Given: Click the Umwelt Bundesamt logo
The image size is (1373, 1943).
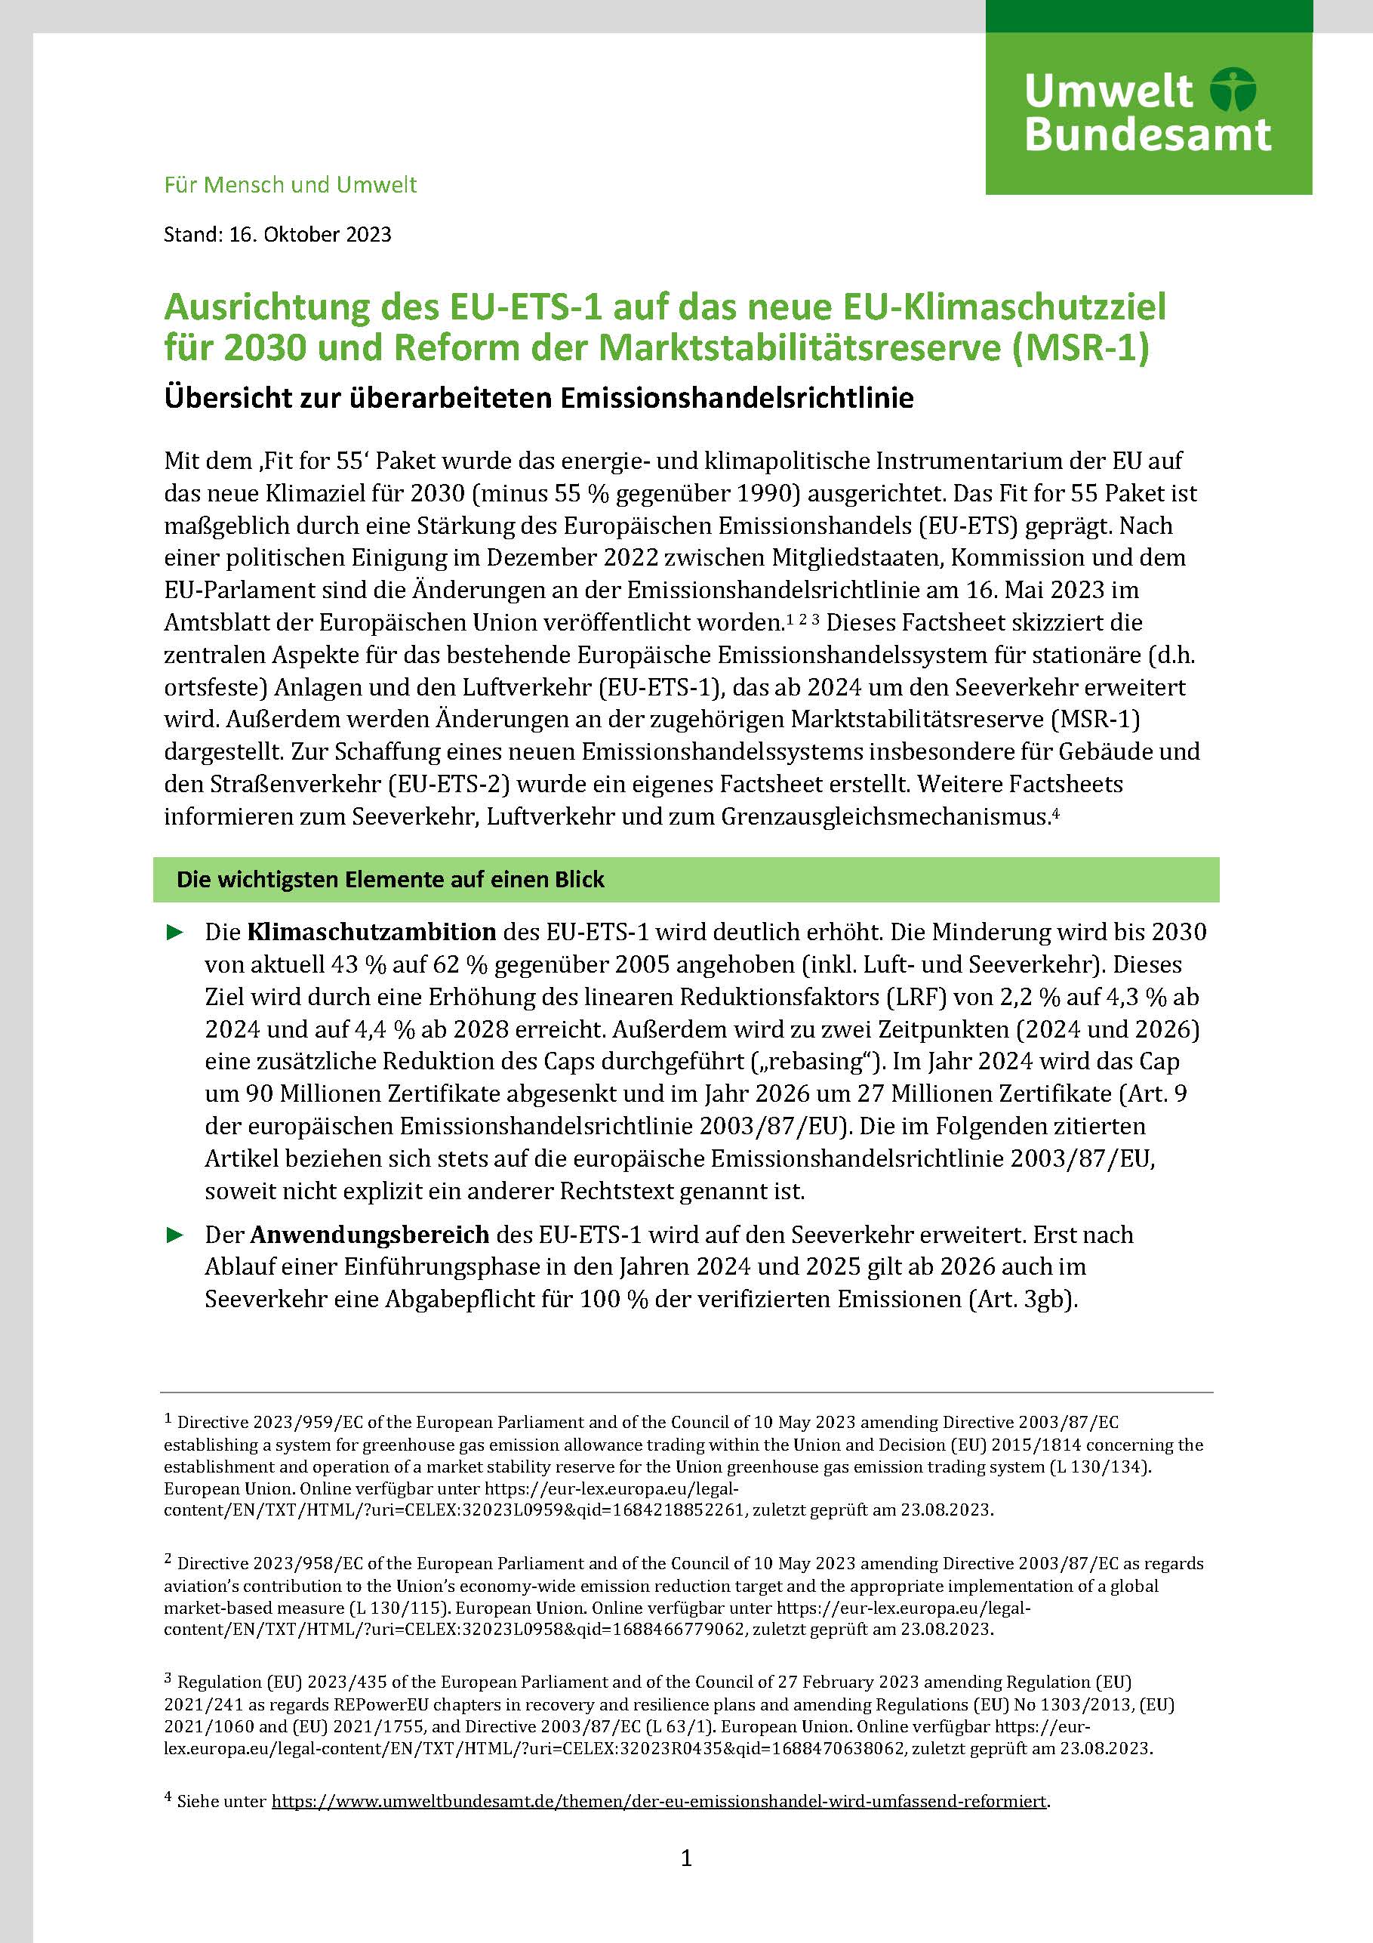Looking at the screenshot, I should [x=1148, y=113].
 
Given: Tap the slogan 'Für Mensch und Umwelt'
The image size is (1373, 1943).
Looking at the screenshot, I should [x=290, y=184].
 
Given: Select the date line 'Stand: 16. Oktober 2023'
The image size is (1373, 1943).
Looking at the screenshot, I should [x=278, y=234].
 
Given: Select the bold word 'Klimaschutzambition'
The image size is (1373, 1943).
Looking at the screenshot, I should [x=371, y=932].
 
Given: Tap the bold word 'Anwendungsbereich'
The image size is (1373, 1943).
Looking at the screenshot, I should [x=370, y=1235].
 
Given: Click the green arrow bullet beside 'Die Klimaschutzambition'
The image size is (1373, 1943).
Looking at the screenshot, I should [x=175, y=933].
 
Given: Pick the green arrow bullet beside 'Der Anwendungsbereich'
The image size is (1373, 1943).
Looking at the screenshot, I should [x=175, y=1235].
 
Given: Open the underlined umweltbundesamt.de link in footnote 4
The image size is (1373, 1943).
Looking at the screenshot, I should [x=658, y=1801].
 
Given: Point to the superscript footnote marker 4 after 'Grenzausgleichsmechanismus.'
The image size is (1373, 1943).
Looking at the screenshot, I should [x=1056, y=813].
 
